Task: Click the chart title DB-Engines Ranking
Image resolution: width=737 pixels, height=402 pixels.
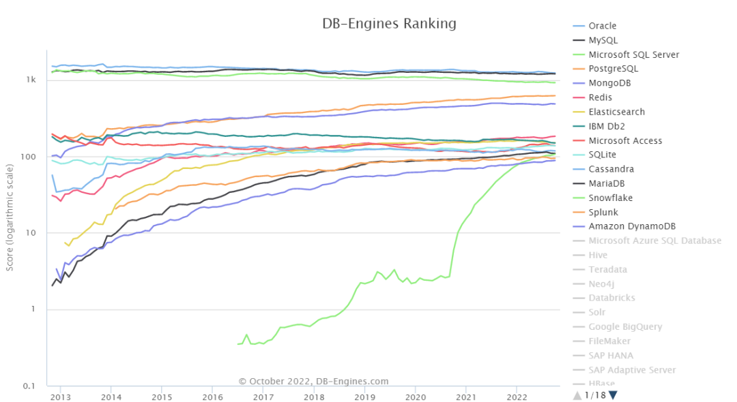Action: [x=389, y=24]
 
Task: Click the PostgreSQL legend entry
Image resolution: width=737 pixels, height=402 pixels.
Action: [x=613, y=69]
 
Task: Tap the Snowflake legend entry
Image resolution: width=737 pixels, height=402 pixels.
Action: [x=610, y=198]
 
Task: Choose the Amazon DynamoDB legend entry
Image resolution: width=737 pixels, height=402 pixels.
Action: [x=631, y=226]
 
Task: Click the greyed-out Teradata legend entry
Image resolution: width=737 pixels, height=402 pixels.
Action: [x=607, y=269]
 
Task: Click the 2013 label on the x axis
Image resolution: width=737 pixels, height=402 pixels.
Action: [x=61, y=397]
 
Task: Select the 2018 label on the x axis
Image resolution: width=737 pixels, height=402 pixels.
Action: [x=314, y=397]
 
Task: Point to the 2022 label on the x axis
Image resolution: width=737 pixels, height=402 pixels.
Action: [x=517, y=397]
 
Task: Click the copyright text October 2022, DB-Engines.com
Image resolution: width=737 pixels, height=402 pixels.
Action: [x=313, y=382]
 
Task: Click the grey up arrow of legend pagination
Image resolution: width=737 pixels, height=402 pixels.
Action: [x=577, y=395]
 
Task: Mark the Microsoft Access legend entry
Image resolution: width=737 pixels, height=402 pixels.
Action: [x=624, y=140]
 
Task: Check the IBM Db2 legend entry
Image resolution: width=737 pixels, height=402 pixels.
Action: [x=607, y=126]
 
